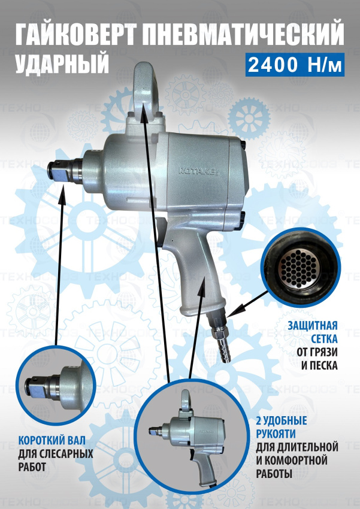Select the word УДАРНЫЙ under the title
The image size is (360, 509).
(62, 63)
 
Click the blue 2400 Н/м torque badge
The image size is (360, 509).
(295, 65)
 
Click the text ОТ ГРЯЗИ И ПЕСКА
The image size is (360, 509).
(317, 358)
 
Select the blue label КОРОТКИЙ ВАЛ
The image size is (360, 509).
(52, 441)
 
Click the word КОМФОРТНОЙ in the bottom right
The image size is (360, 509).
(295, 460)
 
